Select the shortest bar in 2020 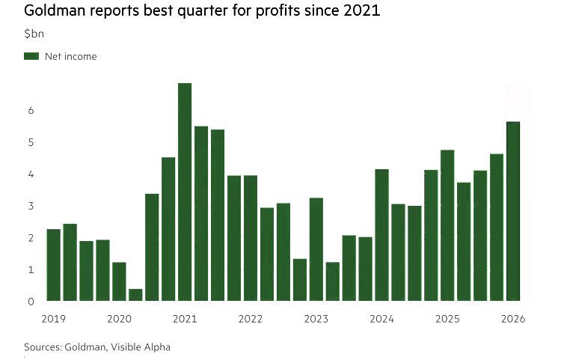(x=135, y=295)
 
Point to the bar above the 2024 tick (x=381, y=235)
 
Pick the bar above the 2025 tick (x=447, y=225)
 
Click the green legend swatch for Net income (x=31, y=56)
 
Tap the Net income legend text (x=70, y=56)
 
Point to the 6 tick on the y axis (x=31, y=110)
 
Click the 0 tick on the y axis (x=31, y=302)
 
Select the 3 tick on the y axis (x=31, y=206)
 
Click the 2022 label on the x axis (x=251, y=319)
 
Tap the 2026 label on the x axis (x=514, y=319)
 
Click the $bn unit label (x=34, y=34)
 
